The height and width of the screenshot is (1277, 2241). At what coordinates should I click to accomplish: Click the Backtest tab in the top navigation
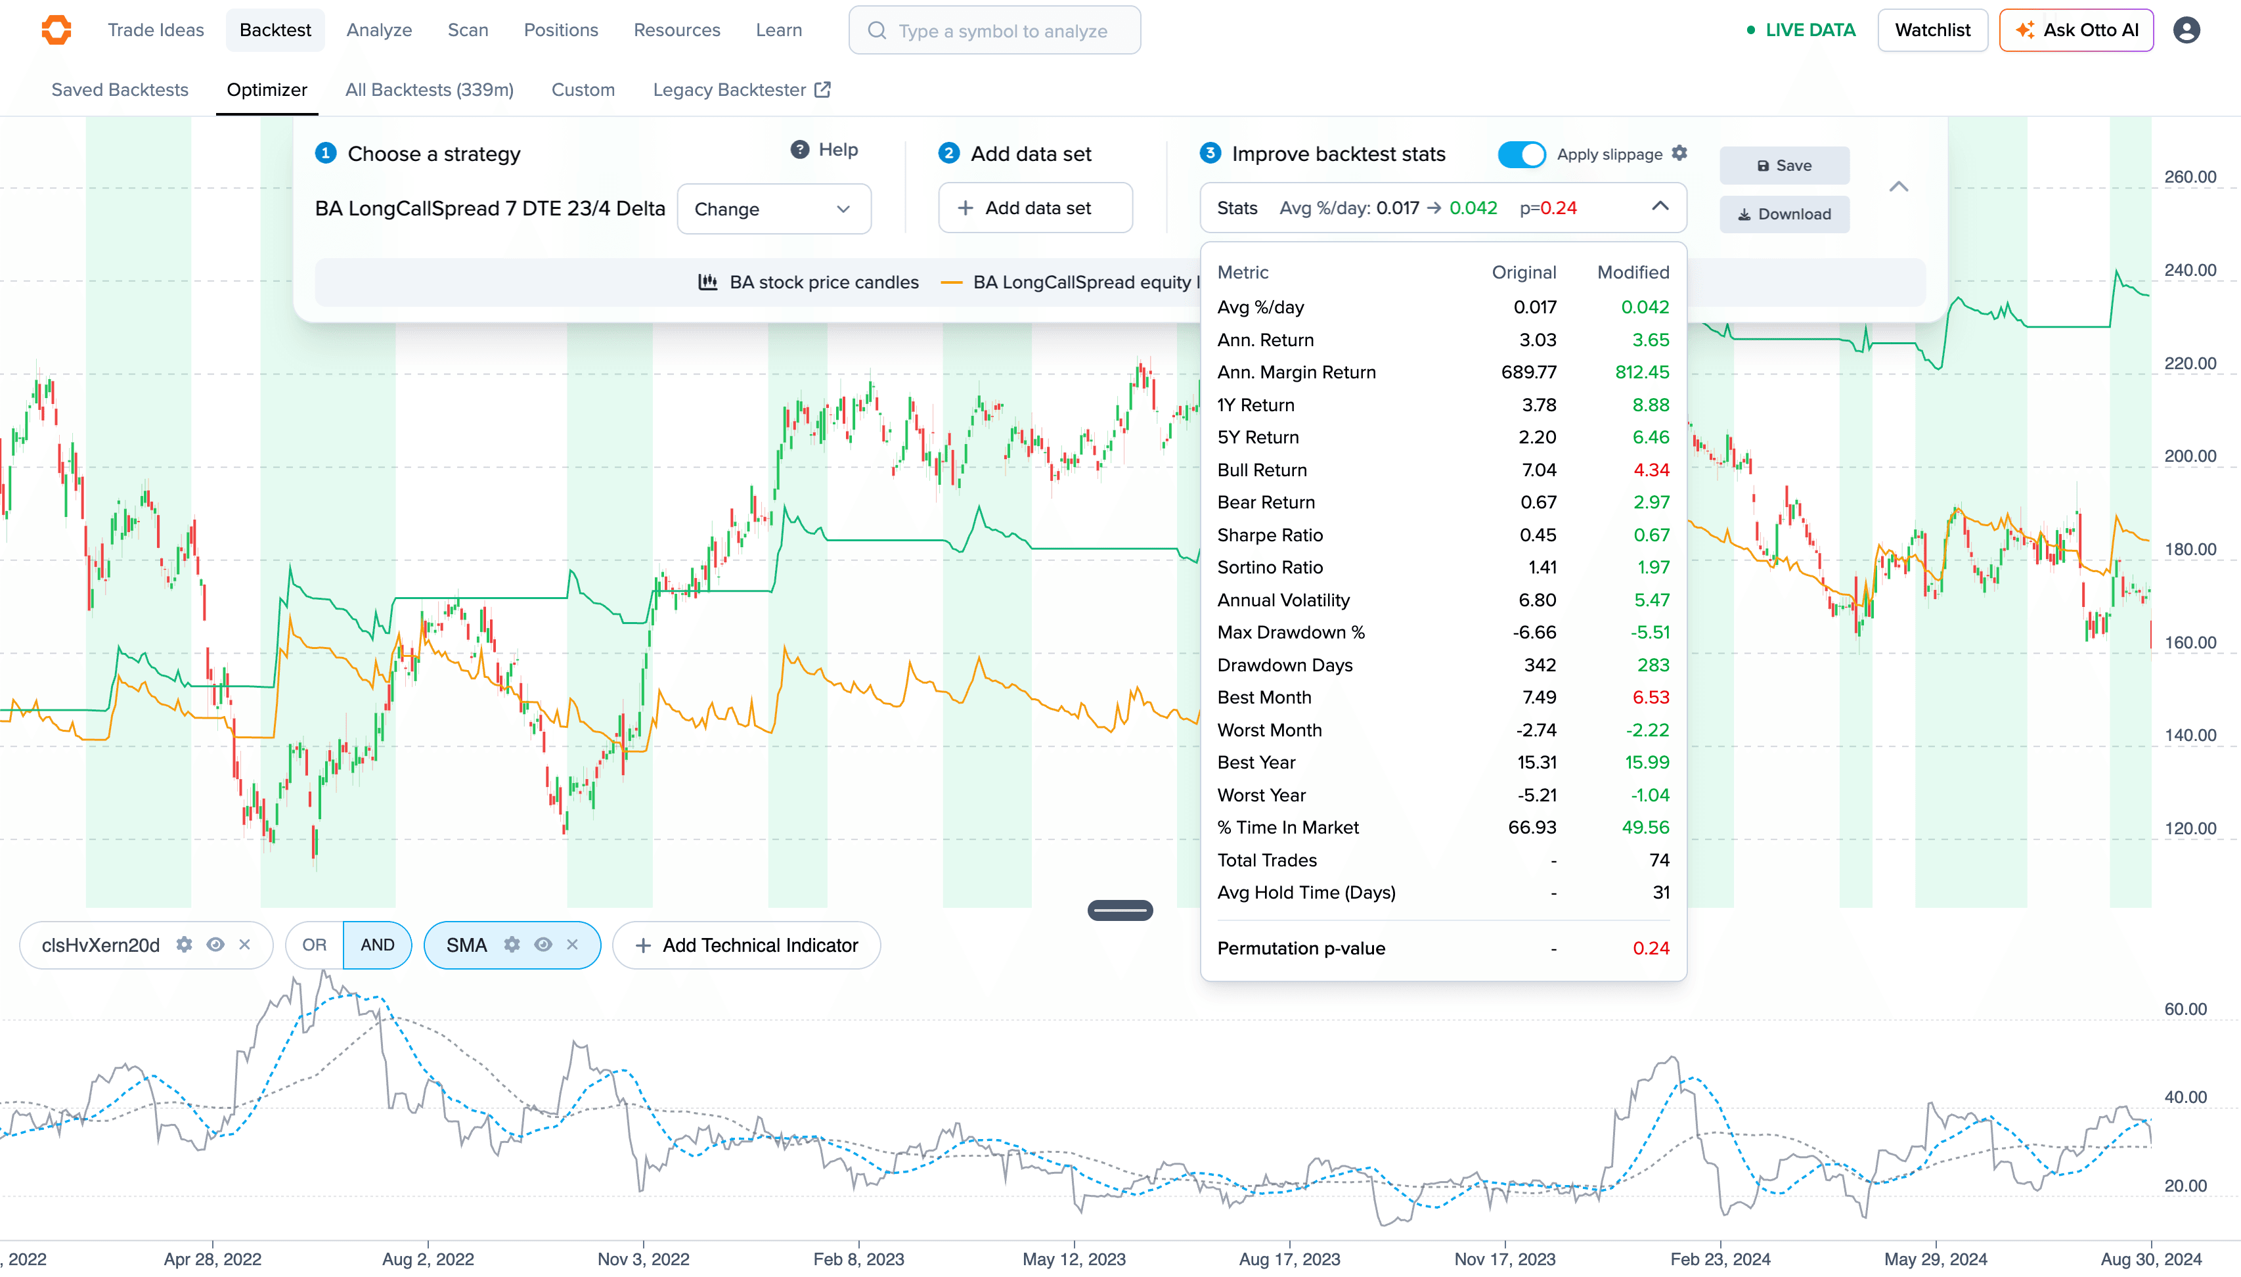click(x=275, y=30)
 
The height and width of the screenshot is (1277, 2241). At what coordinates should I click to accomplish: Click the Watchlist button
click(x=1932, y=30)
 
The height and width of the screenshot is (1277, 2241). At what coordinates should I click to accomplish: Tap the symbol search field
click(x=994, y=31)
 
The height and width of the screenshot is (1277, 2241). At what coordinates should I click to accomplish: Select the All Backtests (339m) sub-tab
click(x=429, y=89)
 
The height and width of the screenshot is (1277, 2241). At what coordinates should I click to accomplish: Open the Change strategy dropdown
click(x=773, y=209)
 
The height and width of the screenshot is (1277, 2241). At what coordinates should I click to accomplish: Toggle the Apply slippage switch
click(x=1521, y=154)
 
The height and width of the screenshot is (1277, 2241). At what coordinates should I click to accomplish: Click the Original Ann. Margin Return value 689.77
click(x=1528, y=372)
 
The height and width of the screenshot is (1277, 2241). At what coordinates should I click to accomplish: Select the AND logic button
click(x=377, y=945)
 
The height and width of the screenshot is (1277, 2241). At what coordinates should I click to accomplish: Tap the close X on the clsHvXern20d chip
click(x=244, y=945)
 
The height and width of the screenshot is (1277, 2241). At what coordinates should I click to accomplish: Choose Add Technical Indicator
click(x=746, y=945)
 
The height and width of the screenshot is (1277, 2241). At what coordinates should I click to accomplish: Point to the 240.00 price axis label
click(x=2189, y=270)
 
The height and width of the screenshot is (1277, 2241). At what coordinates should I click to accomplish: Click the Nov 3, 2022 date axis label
click(x=644, y=1259)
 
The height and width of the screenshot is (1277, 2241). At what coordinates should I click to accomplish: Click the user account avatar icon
click(x=2186, y=30)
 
